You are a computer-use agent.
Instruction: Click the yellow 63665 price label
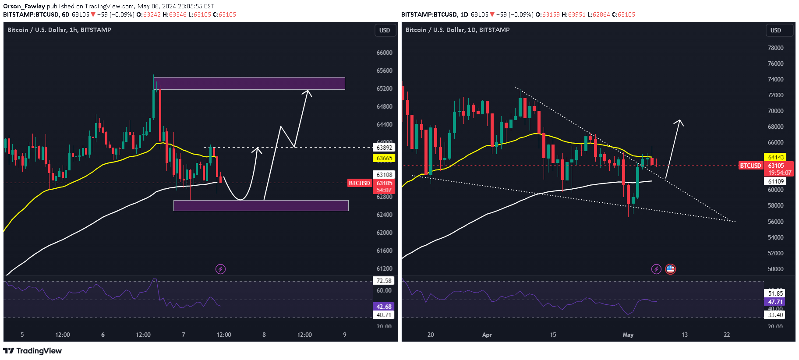[384, 158]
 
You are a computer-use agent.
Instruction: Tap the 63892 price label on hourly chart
[384, 148]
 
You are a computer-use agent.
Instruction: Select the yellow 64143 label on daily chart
[775, 157]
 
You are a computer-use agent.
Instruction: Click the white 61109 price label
[775, 181]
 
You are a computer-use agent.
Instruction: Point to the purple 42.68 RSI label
[384, 307]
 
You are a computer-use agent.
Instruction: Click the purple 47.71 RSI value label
[775, 302]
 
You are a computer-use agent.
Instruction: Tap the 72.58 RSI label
[384, 281]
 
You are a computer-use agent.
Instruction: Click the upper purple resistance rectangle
[249, 83]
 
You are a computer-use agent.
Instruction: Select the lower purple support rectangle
[261, 205]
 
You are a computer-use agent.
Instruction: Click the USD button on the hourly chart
[385, 30]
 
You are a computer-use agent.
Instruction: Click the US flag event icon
[670, 269]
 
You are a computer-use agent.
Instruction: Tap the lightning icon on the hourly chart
[220, 269]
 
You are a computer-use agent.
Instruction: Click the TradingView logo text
[33, 351]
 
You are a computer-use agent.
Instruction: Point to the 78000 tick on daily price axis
[775, 48]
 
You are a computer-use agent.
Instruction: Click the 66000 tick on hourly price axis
[384, 53]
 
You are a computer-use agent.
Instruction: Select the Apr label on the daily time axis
[487, 335]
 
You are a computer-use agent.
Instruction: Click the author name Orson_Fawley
[24, 6]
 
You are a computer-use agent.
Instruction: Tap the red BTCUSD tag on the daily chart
[750, 166]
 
